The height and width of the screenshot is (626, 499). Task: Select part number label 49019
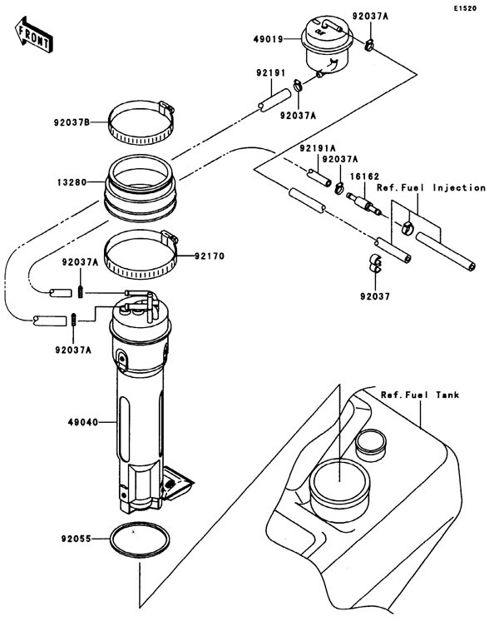268,37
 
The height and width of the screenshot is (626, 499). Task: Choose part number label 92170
213,256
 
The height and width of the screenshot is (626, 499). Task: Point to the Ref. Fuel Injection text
431,188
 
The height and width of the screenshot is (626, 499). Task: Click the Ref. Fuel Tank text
419,394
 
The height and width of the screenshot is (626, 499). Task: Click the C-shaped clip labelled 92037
375,263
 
